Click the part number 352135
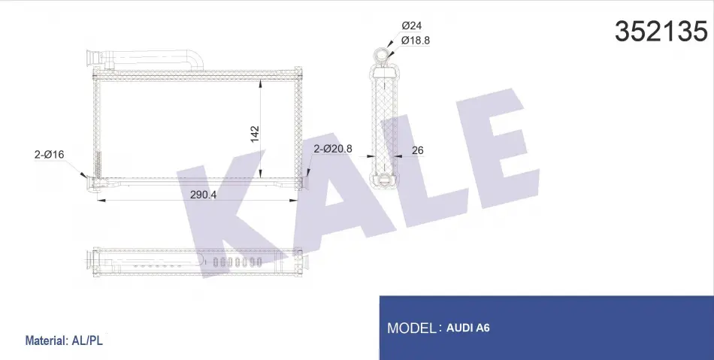tap(661, 32)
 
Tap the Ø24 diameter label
tap(412, 26)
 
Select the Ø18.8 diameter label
tap(416, 40)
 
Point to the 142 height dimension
tap(254, 134)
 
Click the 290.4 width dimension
tap(203, 195)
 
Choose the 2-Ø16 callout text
tap(49, 154)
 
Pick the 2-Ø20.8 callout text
tap(333, 148)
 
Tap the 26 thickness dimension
tap(418, 150)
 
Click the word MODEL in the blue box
tap(412, 328)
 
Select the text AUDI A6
tap(468, 328)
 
